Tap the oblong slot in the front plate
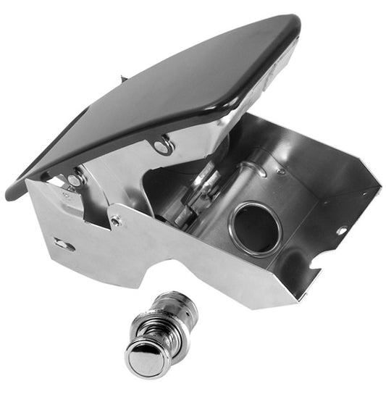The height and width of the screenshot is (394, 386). click(x=64, y=245)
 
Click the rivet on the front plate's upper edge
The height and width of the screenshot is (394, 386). click(x=116, y=222)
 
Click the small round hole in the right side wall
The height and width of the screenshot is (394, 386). click(x=340, y=231)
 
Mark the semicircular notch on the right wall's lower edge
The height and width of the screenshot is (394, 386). click(x=314, y=276)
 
